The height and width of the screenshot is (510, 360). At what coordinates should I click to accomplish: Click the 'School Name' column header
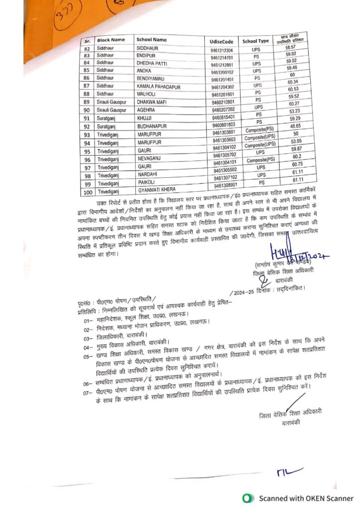click(x=151, y=39)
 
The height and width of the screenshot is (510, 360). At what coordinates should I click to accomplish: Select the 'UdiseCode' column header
click(x=222, y=42)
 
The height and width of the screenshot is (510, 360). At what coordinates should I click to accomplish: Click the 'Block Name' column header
click(x=111, y=39)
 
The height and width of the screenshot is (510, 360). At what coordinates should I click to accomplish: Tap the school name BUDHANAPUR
click(x=153, y=127)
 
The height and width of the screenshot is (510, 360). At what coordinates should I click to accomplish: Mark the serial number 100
click(x=89, y=192)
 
